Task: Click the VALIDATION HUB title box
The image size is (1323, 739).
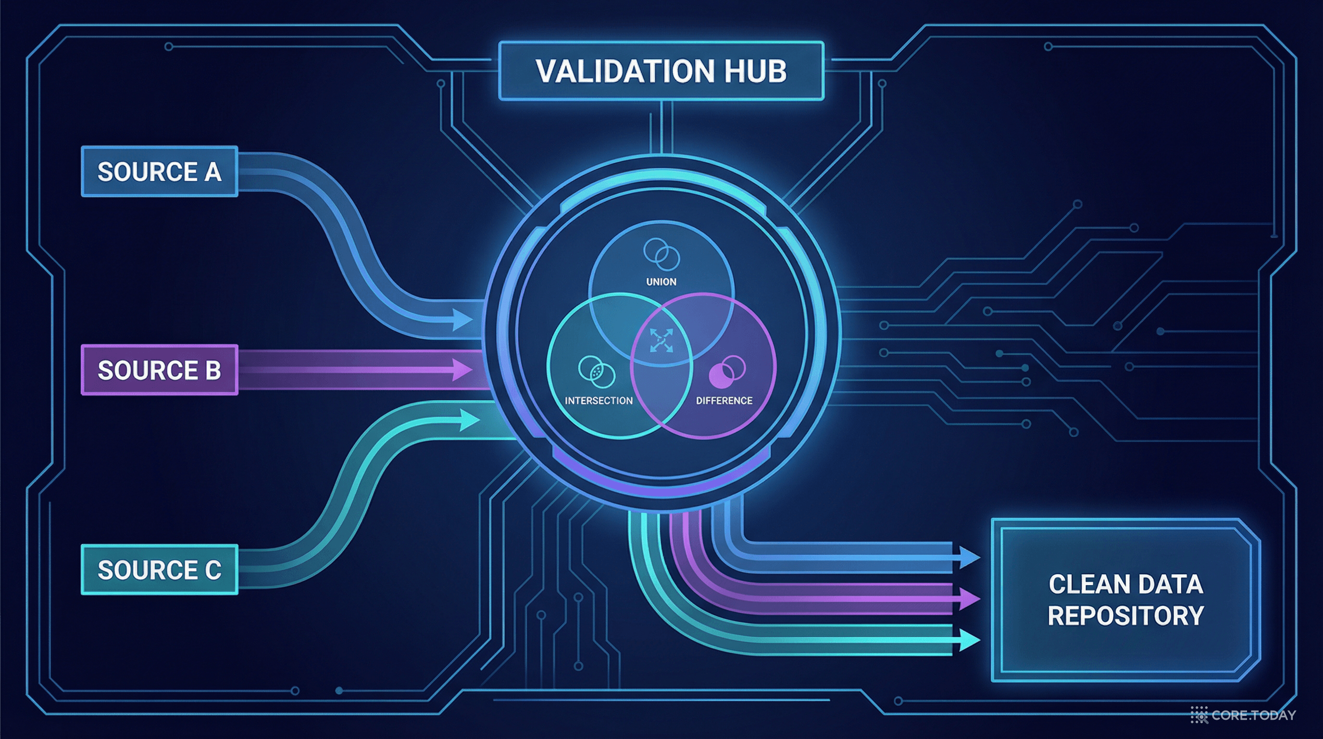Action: coord(661,71)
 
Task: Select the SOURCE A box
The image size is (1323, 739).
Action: coord(160,172)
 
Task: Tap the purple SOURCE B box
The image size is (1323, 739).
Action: coord(160,370)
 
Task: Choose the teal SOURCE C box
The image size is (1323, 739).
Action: coord(160,570)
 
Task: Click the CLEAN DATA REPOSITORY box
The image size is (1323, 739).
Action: coord(1125,600)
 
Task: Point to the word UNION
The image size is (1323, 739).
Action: coord(661,282)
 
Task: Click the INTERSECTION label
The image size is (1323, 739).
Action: coord(599,401)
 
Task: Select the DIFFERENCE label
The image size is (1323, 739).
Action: coord(724,401)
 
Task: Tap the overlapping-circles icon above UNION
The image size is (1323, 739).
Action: coord(661,255)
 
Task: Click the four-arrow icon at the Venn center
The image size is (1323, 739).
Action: coord(661,340)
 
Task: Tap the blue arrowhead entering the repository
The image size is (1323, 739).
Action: coord(967,557)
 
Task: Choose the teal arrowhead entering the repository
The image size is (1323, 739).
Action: coord(967,641)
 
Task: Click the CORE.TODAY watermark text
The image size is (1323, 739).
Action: coord(1254,715)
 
